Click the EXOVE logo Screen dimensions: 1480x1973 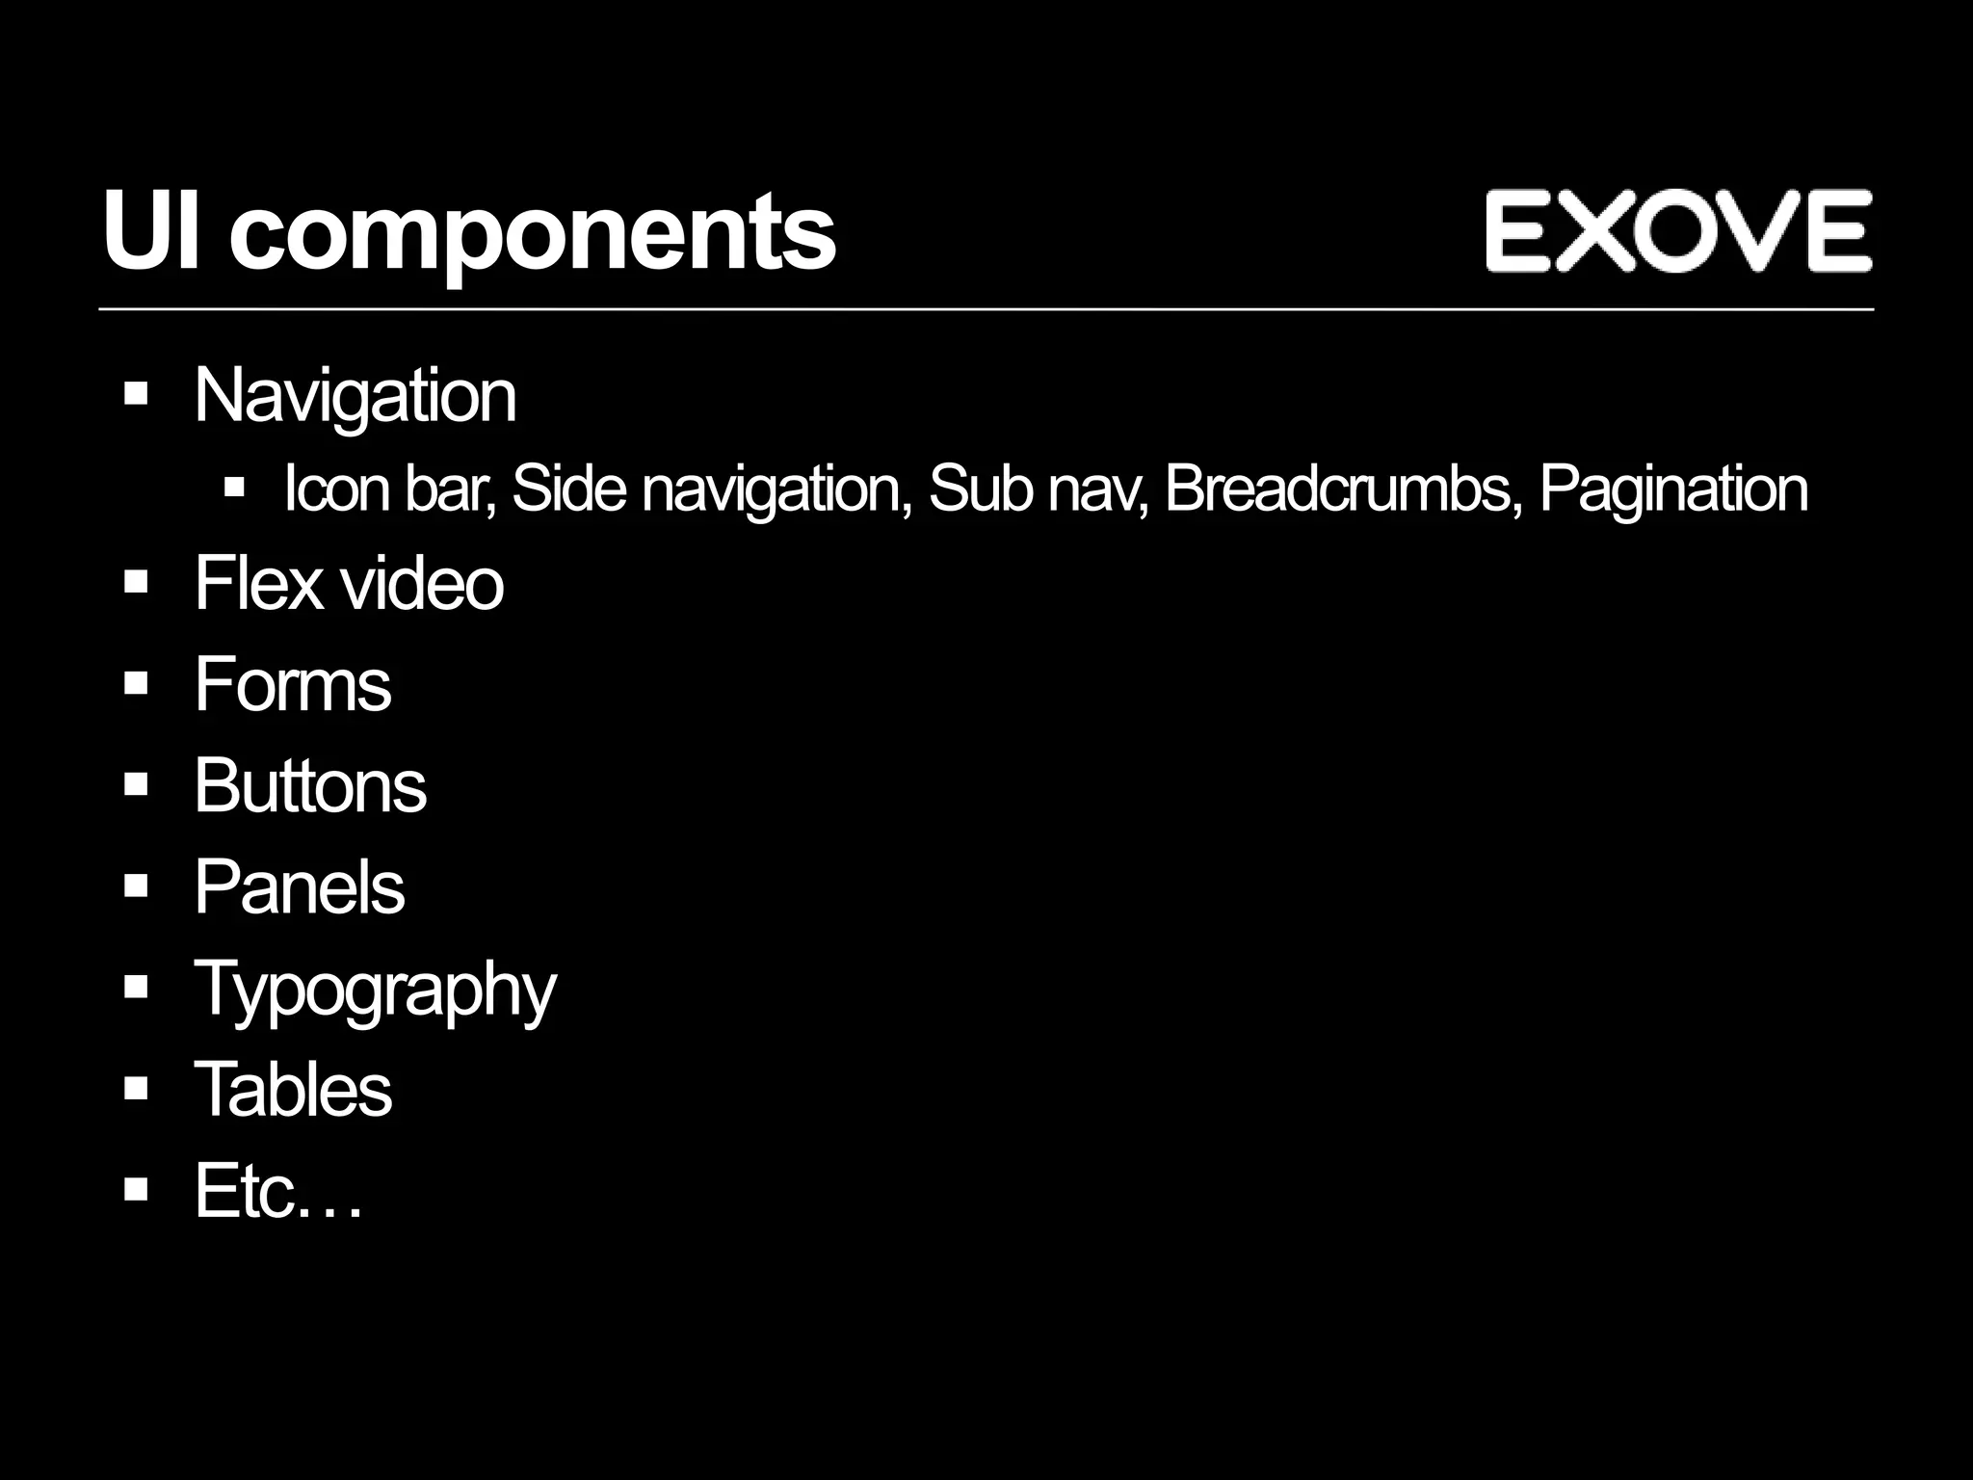click(x=1677, y=231)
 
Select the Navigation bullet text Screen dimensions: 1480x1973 click(x=355, y=395)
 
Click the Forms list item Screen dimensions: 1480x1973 click(x=293, y=684)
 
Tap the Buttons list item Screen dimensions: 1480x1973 click(x=310, y=785)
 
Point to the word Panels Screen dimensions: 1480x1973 click(x=300, y=886)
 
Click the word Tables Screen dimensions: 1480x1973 click(x=294, y=1089)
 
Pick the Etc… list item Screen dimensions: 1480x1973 click(x=278, y=1191)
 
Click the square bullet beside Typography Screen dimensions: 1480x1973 click(x=136, y=987)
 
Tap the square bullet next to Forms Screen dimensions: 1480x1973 click(x=136, y=683)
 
